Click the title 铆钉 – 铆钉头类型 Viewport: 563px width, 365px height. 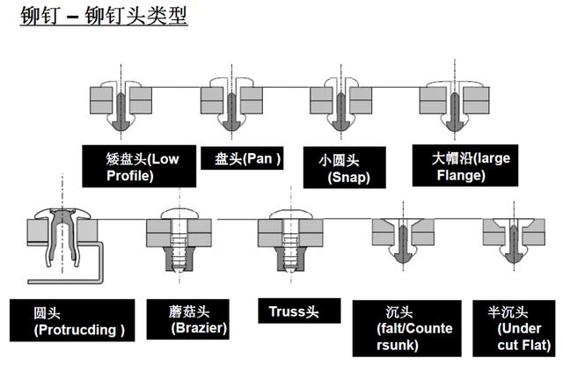(x=104, y=17)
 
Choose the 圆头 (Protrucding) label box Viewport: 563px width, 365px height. (x=79, y=322)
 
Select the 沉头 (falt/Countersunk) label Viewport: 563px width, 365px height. (x=406, y=328)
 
